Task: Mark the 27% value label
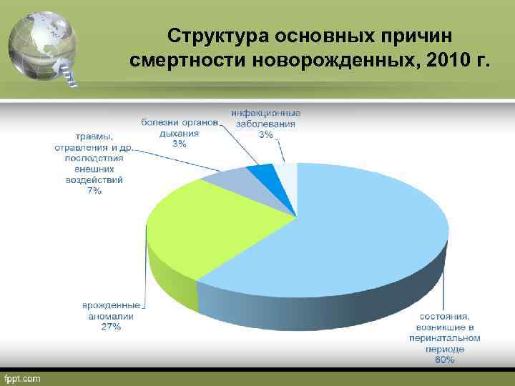(111, 327)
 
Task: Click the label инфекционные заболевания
(265, 118)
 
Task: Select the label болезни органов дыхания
(179, 127)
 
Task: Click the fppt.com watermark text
(23, 377)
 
